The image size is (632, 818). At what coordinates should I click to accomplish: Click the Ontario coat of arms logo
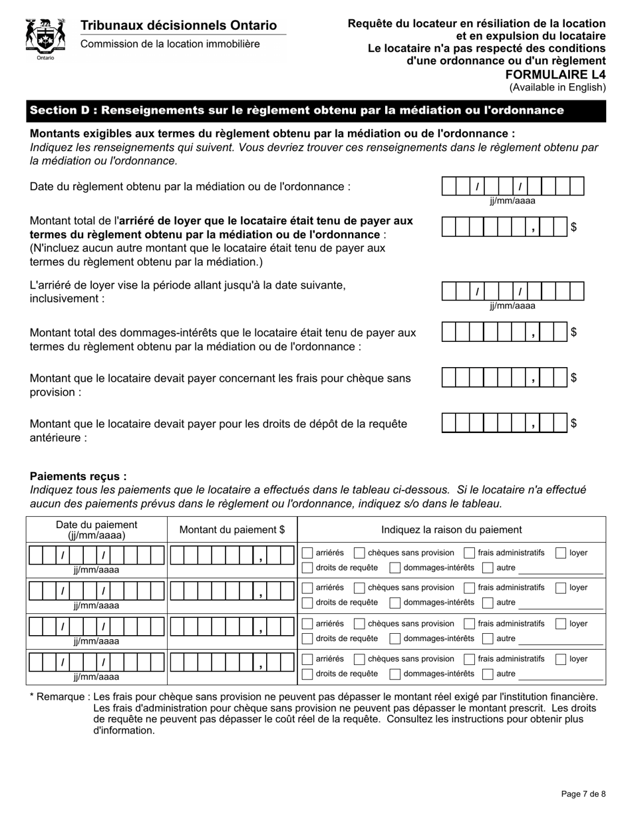click(45, 39)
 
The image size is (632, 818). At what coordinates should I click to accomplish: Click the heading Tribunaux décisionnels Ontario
click(178, 25)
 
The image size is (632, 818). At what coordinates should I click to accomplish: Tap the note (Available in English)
click(557, 87)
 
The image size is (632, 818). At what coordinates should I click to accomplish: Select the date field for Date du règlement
click(512, 186)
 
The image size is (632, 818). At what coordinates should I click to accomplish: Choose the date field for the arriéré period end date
click(512, 291)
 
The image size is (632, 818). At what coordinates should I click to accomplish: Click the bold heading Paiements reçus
click(78, 476)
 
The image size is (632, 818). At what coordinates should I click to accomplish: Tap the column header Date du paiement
click(96, 529)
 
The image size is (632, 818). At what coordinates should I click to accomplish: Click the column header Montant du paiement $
click(232, 529)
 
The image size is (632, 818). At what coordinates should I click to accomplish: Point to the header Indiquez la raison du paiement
click(451, 529)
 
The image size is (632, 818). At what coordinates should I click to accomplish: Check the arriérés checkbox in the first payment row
click(307, 553)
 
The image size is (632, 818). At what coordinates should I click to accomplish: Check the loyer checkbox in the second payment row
click(561, 587)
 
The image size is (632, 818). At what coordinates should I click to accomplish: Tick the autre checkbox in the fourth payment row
click(488, 673)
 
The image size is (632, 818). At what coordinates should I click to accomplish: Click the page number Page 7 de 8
click(583, 793)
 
